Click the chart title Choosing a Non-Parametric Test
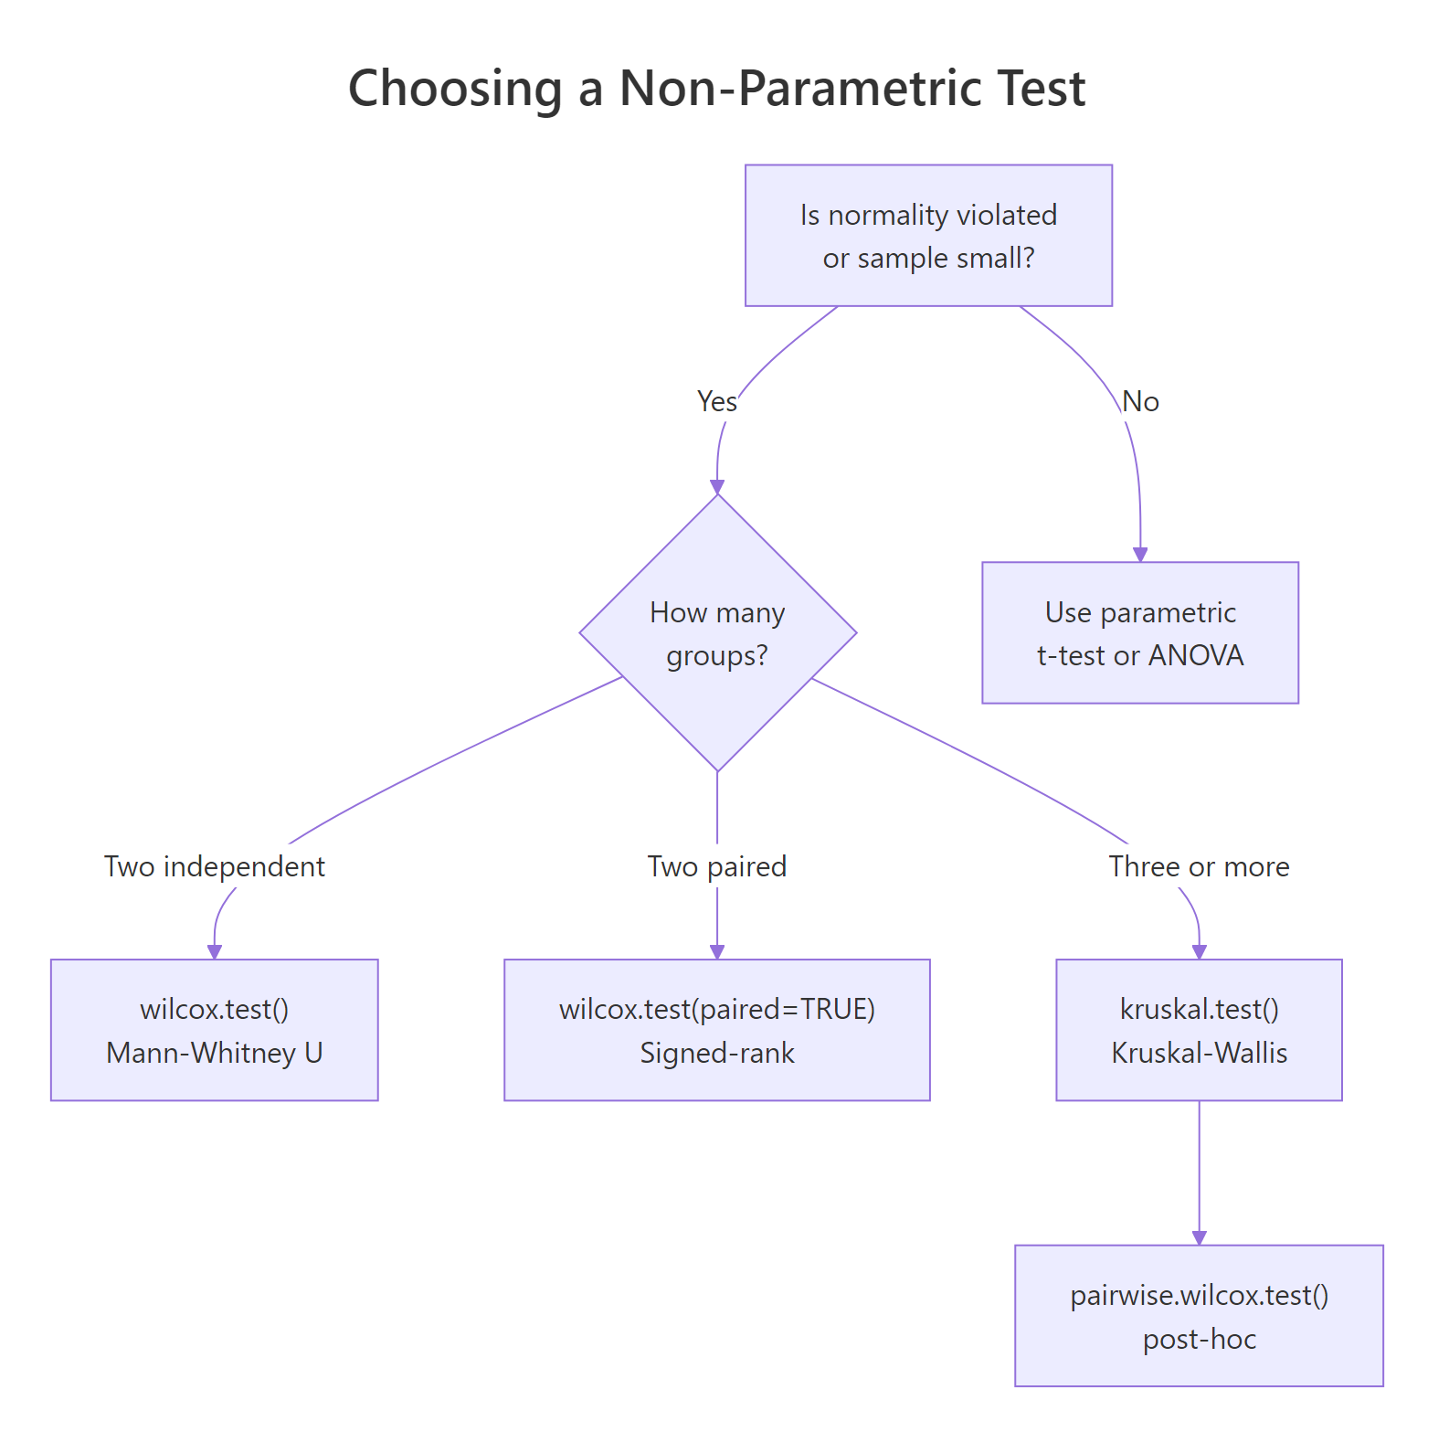[717, 89]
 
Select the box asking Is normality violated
[928, 236]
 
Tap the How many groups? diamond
[717, 633]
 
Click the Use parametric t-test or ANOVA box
[1139, 633]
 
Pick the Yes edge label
[716, 401]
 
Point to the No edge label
[1140, 401]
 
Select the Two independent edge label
[215, 866]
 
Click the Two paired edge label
[717, 866]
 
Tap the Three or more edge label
[1199, 866]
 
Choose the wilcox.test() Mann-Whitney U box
[215, 1030]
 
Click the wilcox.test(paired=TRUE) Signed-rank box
[717, 1030]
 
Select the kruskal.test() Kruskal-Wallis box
[1199, 1030]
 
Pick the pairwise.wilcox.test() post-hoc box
[1199, 1316]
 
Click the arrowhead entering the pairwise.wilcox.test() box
[1200, 1237]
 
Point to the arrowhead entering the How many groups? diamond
[717, 486]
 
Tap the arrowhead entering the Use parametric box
[1140, 554]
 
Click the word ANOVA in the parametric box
[1196, 655]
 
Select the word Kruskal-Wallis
[1199, 1053]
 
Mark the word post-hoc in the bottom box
[1199, 1339]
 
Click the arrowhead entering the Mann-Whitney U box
[215, 951]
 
